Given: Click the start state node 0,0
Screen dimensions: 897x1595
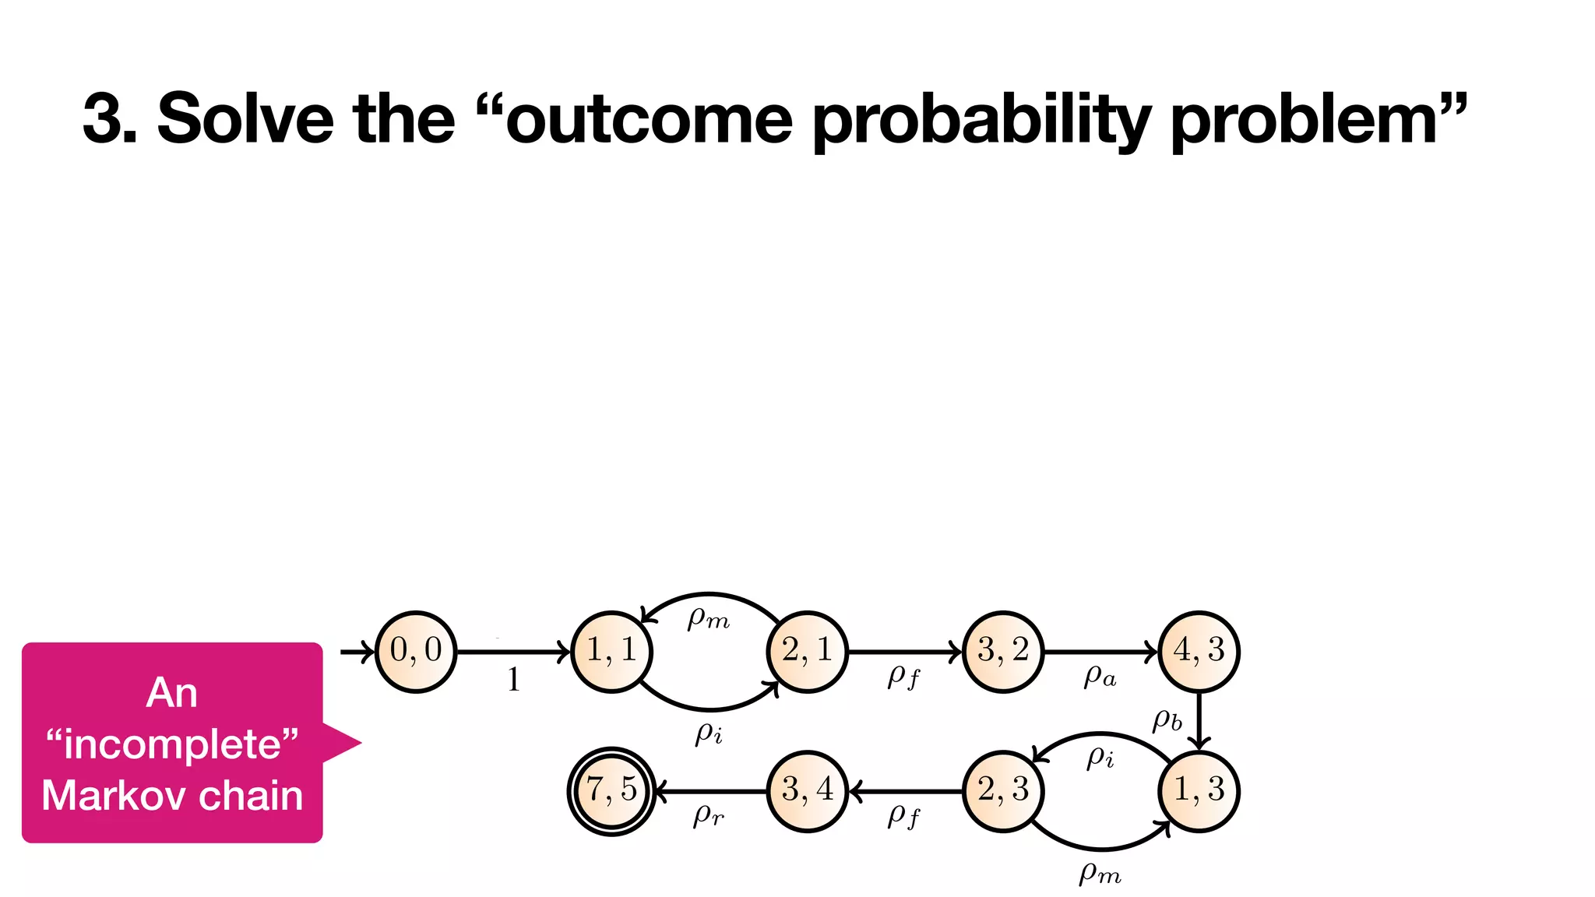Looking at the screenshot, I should point(416,651).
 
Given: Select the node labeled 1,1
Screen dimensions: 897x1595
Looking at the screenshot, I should point(611,651).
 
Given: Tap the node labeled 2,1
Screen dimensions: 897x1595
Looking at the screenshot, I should point(808,651).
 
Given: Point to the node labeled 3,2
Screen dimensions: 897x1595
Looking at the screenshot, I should point(1003,651).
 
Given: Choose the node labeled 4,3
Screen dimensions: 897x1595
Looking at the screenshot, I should point(1199,651).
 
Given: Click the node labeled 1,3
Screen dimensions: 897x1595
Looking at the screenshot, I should point(1199,791).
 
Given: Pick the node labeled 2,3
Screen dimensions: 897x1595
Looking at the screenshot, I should point(1003,791).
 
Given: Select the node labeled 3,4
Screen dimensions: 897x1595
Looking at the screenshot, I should point(808,791).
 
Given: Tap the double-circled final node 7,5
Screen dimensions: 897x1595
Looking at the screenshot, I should point(611,791).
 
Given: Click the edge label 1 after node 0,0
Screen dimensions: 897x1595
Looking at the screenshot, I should point(513,680).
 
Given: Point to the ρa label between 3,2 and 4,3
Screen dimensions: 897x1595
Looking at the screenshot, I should point(1100,677).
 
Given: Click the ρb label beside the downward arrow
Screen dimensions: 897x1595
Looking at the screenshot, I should point(1167,720).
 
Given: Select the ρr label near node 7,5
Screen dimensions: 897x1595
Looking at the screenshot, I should point(709,815).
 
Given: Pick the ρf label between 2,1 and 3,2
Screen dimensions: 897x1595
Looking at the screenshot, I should point(903,677).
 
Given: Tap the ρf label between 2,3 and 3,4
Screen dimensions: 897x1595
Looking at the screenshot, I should point(903,817).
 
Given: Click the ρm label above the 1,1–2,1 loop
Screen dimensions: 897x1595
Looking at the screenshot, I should point(709,618).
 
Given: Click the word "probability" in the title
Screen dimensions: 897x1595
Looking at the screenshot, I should point(981,121).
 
